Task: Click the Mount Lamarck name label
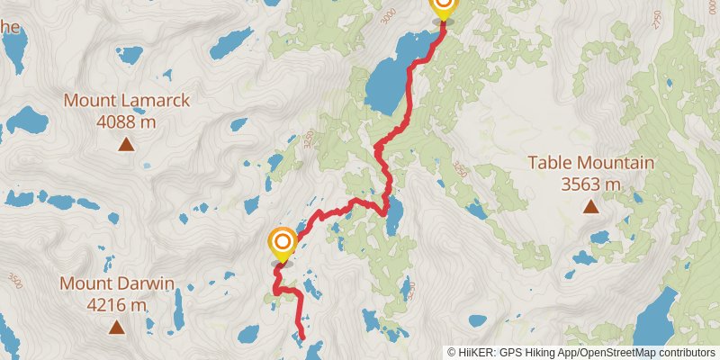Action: (127, 100)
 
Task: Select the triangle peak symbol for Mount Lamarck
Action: (127, 144)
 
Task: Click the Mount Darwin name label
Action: (116, 284)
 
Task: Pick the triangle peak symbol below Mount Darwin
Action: (116, 328)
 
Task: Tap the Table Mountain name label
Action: (590, 163)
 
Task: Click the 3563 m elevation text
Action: (590, 184)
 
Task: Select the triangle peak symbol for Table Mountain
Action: (590, 207)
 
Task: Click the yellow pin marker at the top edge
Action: (443, 7)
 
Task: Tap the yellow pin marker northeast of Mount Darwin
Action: (283, 244)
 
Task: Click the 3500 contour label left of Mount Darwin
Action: (13, 281)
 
